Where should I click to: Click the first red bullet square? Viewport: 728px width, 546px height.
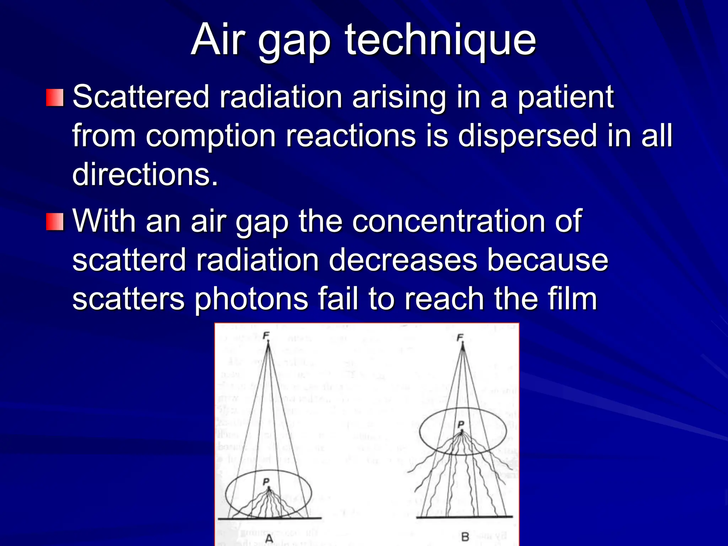click(x=55, y=97)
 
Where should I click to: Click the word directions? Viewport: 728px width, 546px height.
click(x=145, y=174)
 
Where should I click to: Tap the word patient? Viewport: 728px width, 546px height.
click(x=565, y=97)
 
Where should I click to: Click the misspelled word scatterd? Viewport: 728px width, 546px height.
click(x=129, y=260)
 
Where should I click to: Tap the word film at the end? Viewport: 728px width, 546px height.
click(x=572, y=299)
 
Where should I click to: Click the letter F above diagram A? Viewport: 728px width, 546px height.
click(x=266, y=335)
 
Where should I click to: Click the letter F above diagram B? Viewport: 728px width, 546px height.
click(x=460, y=337)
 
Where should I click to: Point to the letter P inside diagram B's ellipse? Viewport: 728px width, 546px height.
click(x=461, y=424)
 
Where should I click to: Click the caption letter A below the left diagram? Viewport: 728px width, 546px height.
click(x=269, y=539)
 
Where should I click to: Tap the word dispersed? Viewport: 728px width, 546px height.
click(x=527, y=136)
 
